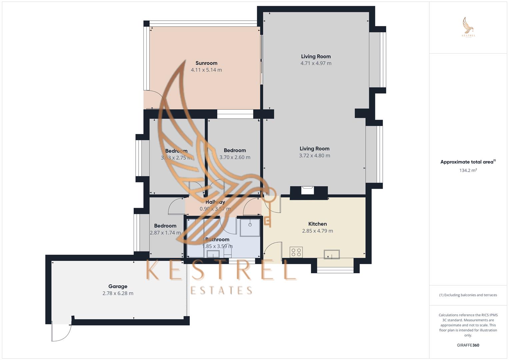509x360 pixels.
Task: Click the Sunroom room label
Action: click(x=206, y=63)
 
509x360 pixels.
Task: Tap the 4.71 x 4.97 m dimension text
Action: click(x=316, y=63)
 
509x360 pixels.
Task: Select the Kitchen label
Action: click(x=317, y=224)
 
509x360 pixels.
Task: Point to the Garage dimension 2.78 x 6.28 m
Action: click(x=118, y=293)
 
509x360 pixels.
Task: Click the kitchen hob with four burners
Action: click(x=296, y=252)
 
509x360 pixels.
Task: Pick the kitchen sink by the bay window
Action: click(x=332, y=254)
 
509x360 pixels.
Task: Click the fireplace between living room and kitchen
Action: click(x=307, y=190)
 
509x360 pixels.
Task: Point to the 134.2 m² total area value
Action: click(x=468, y=170)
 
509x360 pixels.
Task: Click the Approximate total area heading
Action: click(x=468, y=162)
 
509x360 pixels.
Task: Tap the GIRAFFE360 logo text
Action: click(x=468, y=345)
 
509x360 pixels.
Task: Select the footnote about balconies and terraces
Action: click(x=468, y=295)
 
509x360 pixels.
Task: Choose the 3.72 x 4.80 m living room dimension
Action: click(x=314, y=156)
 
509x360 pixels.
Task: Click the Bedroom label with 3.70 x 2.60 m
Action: click(x=235, y=150)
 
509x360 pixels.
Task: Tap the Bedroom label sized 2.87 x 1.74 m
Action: click(x=165, y=226)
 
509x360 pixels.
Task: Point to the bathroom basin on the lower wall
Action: click(x=213, y=254)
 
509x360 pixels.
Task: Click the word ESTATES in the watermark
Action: click(x=221, y=290)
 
